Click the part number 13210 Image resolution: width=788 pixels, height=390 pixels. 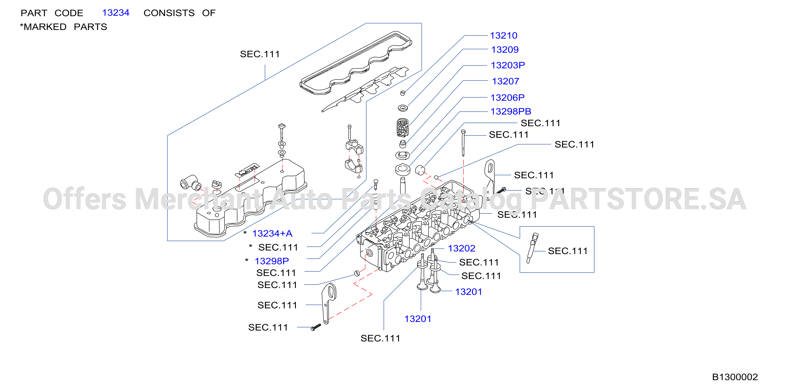[x=503, y=35]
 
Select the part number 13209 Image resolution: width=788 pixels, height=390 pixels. [x=505, y=50]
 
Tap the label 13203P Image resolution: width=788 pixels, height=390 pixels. [x=508, y=65]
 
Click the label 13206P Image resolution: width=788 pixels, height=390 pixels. [x=507, y=97]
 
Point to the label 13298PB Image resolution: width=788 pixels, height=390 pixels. [x=511, y=111]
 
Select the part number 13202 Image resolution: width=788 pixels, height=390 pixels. [x=462, y=248]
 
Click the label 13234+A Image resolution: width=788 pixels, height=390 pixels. [x=272, y=233]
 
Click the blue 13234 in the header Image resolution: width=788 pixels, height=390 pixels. [x=116, y=13]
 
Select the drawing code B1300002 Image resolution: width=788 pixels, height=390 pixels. [x=735, y=377]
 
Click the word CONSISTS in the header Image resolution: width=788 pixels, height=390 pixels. [x=169, y=13]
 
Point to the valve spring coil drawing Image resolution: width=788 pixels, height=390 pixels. [x=402, y=127]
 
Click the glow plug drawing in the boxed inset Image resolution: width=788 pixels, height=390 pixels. [x=532, y=248]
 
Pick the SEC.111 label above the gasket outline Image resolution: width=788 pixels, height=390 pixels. [x=260, y=54]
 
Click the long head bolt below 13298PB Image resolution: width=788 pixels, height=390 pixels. [x=463, y=143]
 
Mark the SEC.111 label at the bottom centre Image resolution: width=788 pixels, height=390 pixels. [x=380, y=338]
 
